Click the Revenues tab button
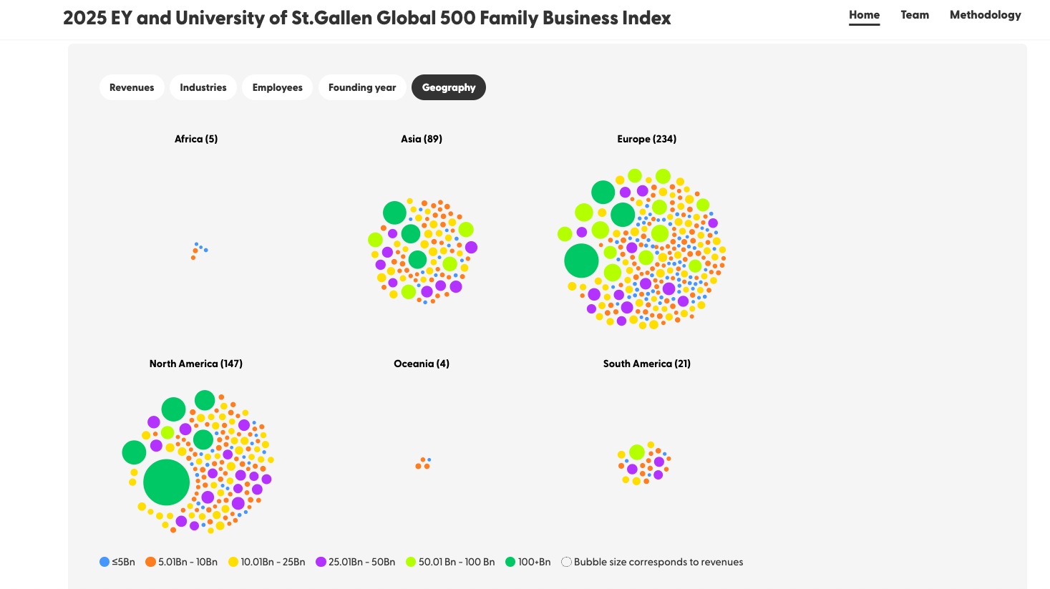(132, 87)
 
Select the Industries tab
(203, 87)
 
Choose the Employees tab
(277, 87)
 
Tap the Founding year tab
(362, 87)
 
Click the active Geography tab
(449, 87)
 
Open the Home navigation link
(864, 15)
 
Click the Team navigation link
(915, 15)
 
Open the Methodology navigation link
(985, 15)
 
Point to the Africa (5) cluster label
(196, 139)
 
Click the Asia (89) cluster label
(422, 139)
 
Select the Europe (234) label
(646, 139)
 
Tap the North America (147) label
(196, 364)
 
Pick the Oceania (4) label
(422, 364)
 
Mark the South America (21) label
(646, 364)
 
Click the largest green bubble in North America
(166, 482)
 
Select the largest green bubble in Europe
(581, 261)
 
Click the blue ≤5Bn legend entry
(117, 562)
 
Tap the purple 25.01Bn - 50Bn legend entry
(356, 562)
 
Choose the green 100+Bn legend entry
(528, 562)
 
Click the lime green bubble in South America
(637, 452)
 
